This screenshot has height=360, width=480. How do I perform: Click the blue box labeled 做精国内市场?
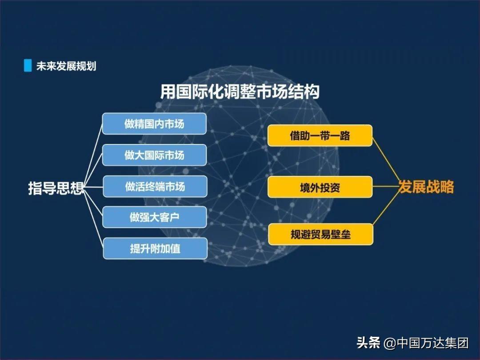154,124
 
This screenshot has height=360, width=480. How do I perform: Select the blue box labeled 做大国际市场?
154,155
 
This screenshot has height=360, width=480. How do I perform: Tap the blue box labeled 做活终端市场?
155,186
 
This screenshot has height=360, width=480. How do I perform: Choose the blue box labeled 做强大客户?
154,217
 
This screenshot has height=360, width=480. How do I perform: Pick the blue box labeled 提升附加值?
155,248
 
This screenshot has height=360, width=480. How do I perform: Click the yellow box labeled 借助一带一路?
320,135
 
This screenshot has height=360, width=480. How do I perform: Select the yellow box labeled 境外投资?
320,187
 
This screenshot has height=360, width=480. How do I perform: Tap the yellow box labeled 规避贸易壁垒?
320,235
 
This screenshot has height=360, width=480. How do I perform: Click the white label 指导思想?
56,188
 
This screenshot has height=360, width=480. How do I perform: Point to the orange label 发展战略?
426,186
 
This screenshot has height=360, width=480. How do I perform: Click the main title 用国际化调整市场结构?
240,92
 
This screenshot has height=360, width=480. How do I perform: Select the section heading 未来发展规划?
66,66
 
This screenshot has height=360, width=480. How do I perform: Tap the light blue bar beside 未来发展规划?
28,65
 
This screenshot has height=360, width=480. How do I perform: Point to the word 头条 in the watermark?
368,343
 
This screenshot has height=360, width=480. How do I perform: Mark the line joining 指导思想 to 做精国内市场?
93,155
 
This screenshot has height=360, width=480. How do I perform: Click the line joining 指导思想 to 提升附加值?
93,218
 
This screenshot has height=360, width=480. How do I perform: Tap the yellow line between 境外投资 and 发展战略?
385,186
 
